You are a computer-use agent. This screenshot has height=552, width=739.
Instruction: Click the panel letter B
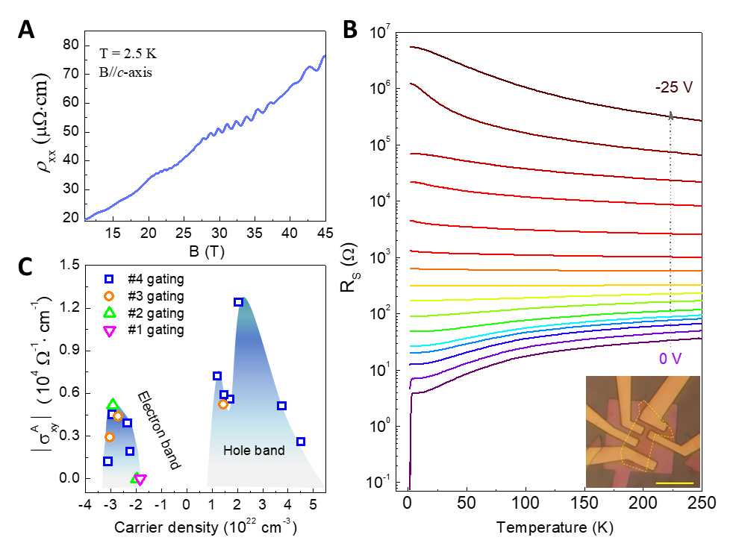[x=352, y=30]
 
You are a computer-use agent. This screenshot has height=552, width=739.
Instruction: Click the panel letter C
[x=26, y=266]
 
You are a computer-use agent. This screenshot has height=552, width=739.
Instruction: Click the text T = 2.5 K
[x=128, y=54]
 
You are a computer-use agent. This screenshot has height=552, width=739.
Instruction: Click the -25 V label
[x=674, y=87]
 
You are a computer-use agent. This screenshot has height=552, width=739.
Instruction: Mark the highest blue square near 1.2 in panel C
[x=238, y=302]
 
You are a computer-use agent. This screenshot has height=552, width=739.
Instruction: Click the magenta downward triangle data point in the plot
[x=140, y=479]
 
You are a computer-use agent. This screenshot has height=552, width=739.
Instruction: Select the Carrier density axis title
[x=206, y=528]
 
